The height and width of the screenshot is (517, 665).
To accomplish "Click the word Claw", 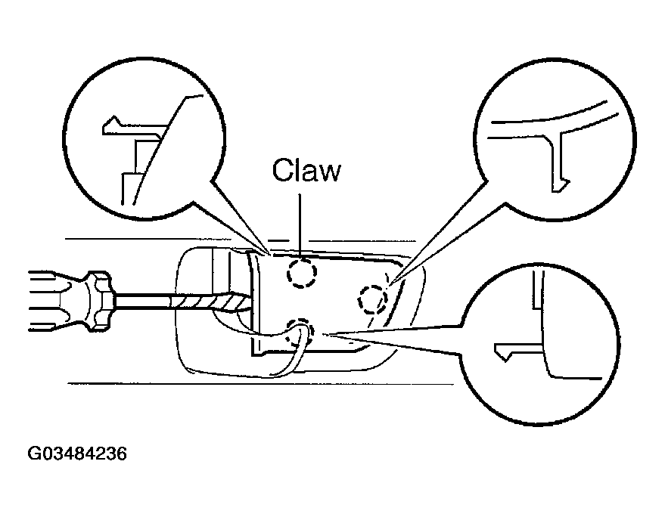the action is click(306, 170).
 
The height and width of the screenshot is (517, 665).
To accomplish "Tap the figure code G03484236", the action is click(77, 454).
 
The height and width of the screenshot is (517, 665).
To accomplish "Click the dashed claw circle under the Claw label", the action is click(302, 273).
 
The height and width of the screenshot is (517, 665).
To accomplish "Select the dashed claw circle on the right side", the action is click(373, 299).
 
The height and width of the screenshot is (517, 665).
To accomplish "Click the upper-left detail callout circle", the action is click(144, 139).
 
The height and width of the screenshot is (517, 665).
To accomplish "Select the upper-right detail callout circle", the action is click(555, 139).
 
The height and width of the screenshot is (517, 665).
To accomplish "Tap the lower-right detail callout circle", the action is click(539, 344).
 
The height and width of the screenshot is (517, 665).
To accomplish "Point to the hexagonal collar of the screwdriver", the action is click(99, 301).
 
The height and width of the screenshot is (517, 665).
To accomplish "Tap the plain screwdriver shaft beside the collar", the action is click(142, 302).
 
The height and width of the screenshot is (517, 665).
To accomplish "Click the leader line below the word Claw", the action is click(300, 225).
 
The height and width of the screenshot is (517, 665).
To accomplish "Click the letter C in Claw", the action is click(282, 170).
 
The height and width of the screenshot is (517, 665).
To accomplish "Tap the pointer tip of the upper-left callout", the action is click(270, 255).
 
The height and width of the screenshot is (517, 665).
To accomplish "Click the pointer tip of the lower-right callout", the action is click(324, 335).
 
